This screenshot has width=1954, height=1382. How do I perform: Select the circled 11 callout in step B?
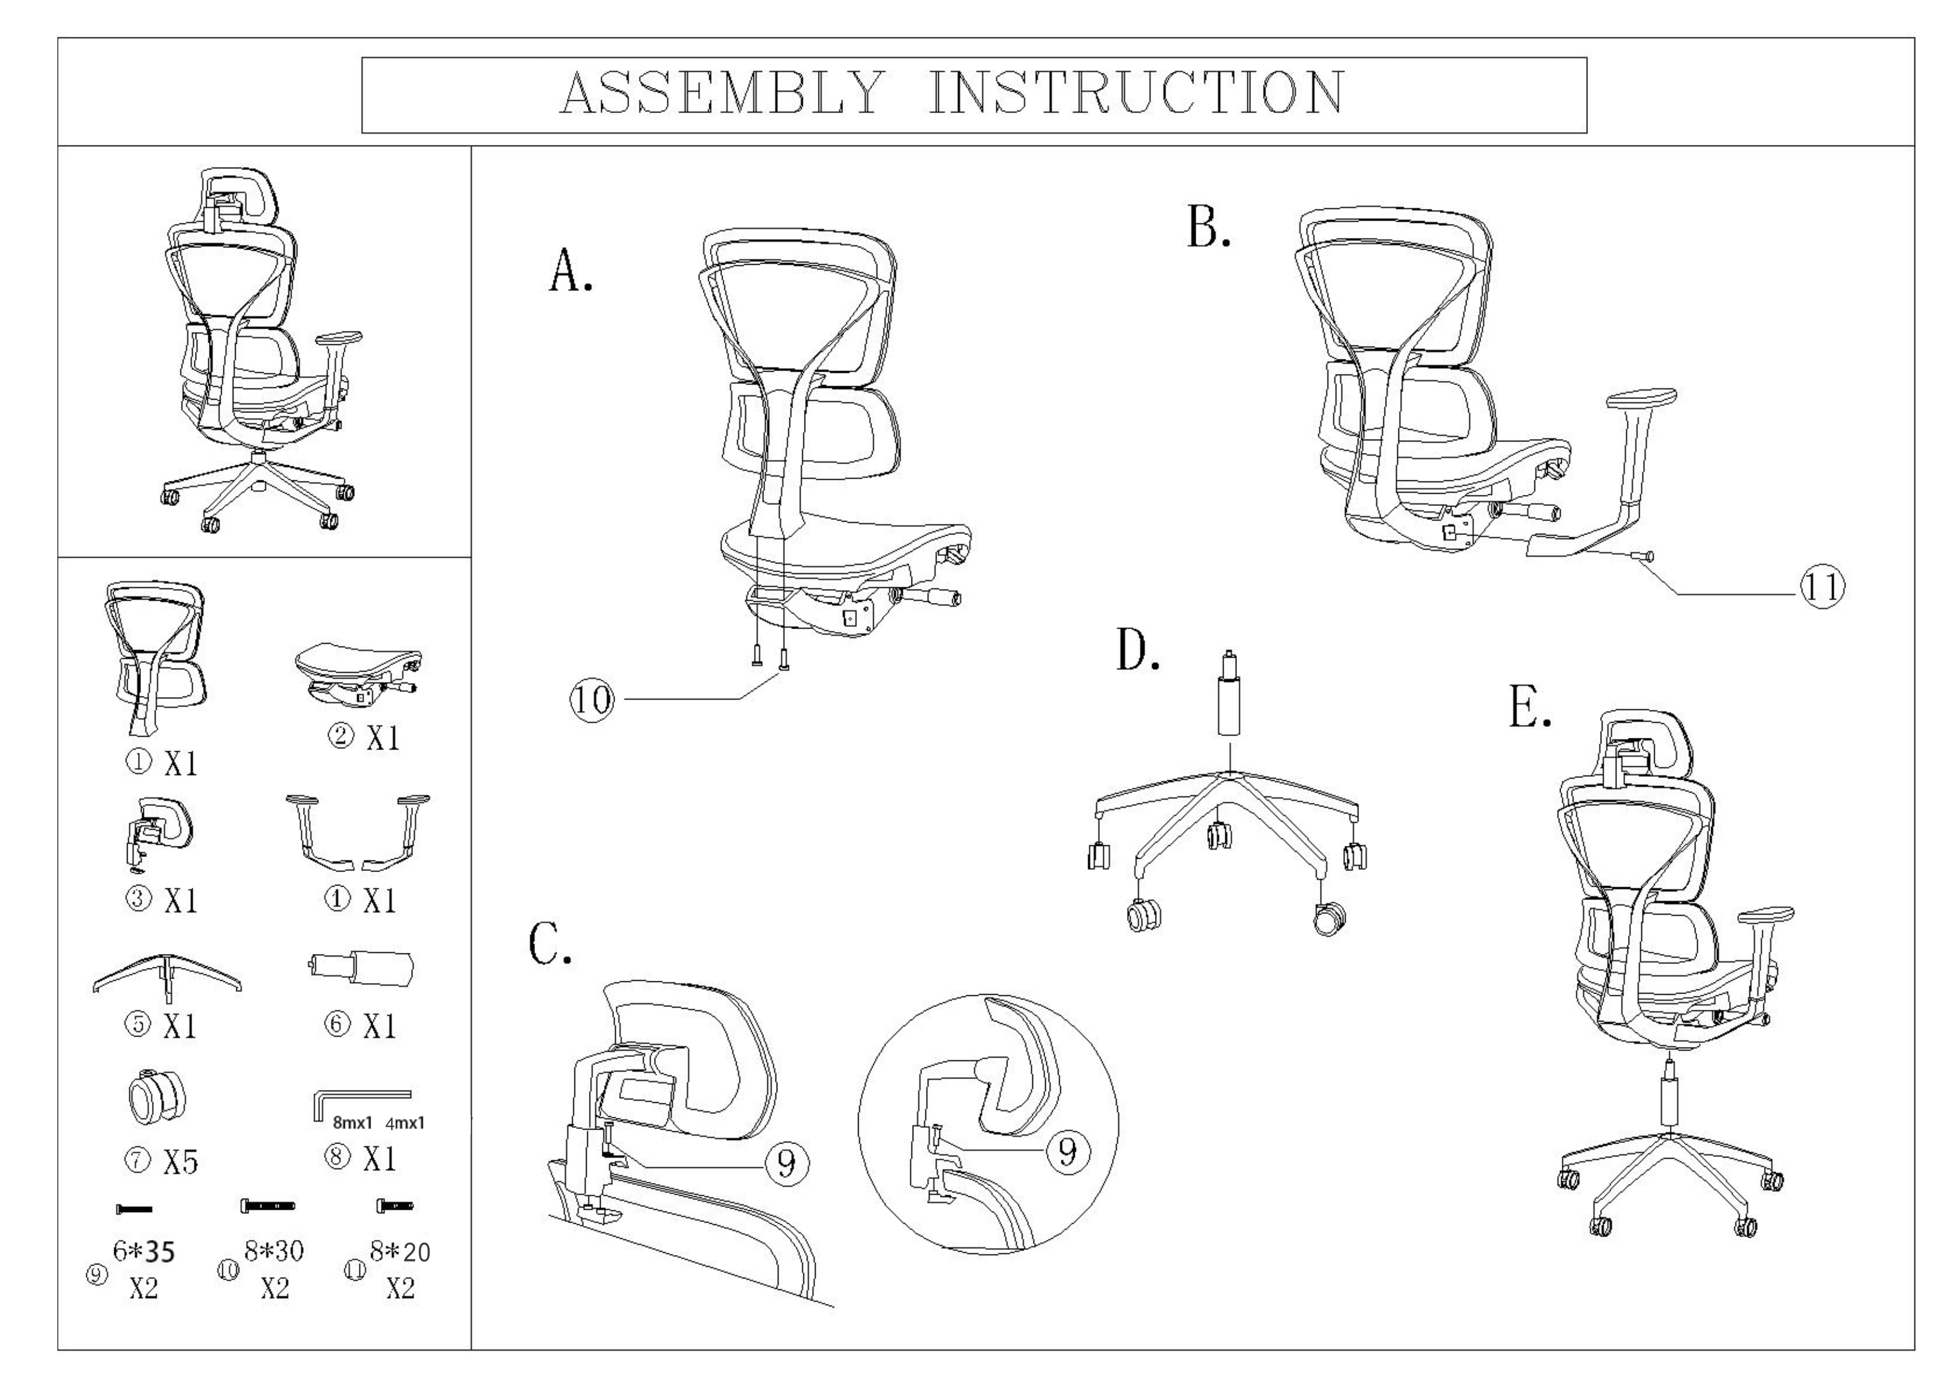[1821, 587]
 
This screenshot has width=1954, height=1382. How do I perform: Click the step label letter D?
[1138, 653]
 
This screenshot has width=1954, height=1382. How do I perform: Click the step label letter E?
[1529, 709]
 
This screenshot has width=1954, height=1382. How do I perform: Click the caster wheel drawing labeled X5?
[157, 1096]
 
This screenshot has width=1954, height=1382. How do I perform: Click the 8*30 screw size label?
[274, 1250]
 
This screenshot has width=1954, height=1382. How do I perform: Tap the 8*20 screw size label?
[400, 1252]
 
